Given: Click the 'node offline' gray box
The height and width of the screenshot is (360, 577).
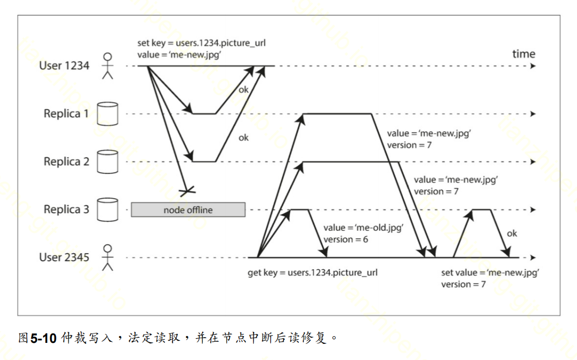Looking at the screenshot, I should pos(188,210).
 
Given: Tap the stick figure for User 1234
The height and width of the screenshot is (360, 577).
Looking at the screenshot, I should pos(107,66).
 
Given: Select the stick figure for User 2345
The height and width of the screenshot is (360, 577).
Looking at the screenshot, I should pos(107,257).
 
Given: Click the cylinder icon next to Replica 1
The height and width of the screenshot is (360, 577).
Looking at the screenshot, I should pos(108,114).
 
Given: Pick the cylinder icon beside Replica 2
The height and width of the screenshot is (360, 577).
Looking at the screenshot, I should pos(108,161).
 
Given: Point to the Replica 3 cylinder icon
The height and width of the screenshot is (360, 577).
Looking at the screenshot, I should pos(108,209).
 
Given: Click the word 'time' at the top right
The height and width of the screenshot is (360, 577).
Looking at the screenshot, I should pos(524,53).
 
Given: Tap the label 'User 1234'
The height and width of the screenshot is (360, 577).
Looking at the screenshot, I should pos(64,66).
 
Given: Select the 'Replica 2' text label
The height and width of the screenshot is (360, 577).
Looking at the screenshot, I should pos(66,162).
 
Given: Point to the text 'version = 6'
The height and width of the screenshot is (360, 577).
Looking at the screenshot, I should pos(346,239).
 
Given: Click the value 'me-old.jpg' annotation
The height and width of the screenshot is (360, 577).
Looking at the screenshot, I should pos(363,228).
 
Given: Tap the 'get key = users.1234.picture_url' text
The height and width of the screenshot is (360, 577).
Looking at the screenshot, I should pos(312,272).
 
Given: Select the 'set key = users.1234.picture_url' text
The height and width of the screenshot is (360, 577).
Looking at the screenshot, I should pos(201,43).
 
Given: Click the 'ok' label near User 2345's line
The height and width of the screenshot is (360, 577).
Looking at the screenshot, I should pos(512,233).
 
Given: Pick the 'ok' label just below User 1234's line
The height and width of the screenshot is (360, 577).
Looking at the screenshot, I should pos(243,90).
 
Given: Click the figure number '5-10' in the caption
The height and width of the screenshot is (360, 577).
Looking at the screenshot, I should pos(43,339).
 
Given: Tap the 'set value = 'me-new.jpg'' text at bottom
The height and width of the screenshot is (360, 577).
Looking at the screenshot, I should pos(490,273).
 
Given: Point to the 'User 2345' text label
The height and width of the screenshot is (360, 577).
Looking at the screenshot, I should pos(64,257).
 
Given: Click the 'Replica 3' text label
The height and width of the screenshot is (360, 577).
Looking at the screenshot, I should pos(66,210).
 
